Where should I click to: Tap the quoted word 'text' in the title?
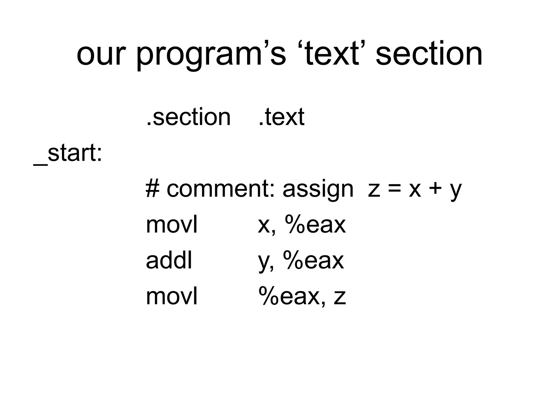coord(331,55)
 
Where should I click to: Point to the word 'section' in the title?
coord(429,55)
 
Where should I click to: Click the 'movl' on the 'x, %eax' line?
coord(171,225)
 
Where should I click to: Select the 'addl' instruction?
coord(169,261)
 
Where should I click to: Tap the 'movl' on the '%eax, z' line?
coord(171,296)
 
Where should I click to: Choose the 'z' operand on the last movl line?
coord(340,297)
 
